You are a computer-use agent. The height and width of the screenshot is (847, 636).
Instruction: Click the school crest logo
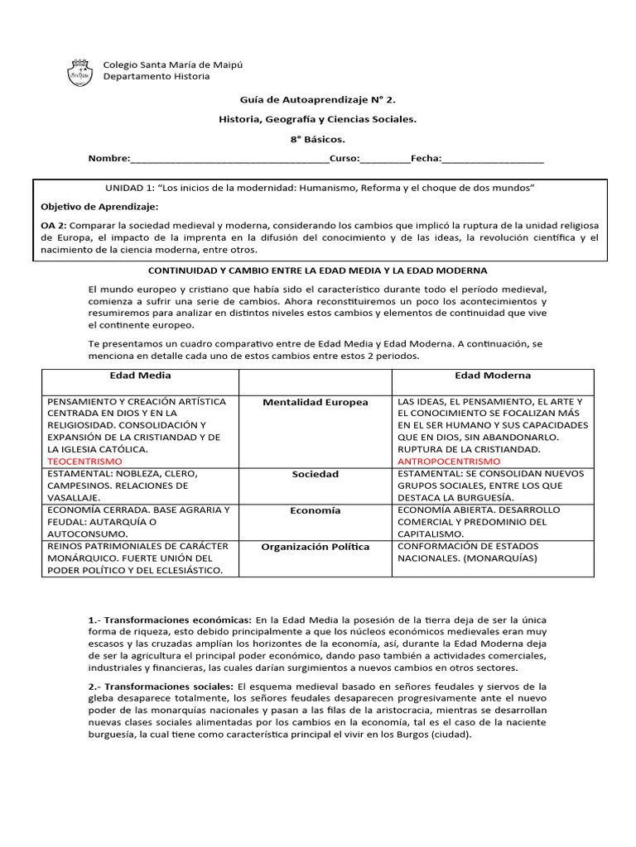pyautogui.click(x=79, y=71)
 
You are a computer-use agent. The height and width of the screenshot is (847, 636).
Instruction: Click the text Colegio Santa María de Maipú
pyautogui.click(x=172, y=65)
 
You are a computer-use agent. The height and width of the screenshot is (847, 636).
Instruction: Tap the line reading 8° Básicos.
pyautogui.click(x=317, y=139)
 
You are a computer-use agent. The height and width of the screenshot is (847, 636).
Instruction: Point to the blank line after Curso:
pyautogui.click(x=384, y=159)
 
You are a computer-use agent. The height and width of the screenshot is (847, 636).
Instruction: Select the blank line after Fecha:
pyautogui.click(x=493, y=159)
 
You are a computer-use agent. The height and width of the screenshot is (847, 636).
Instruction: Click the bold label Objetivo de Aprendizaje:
pyautogui.click(x=99, y=206)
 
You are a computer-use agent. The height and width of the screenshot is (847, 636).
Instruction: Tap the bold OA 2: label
pyautogui.click(x=54, y=225)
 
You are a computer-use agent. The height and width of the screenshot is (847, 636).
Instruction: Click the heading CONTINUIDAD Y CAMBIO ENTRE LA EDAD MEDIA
pyautogui.click(x=317, y=270)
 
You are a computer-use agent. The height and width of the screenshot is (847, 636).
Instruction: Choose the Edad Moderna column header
pyautogui.click(x=493, y=376)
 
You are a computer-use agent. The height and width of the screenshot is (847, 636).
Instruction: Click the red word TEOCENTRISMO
pyautogui.click(x=84, y=461)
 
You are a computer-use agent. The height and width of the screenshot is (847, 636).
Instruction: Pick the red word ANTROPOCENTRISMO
pyautogui.click(x=449, y=461)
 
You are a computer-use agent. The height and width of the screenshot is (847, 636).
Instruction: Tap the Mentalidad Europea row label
pyautogui.click(x=315, y=403)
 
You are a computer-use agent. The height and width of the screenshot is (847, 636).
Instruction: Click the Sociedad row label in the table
pyautogui.click(x=315, y=475)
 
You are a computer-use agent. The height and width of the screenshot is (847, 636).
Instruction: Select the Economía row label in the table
pyautogui.click(x=315, y=511)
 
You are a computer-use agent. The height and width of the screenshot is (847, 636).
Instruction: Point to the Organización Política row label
pyautogui.click(x=315, y=547)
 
